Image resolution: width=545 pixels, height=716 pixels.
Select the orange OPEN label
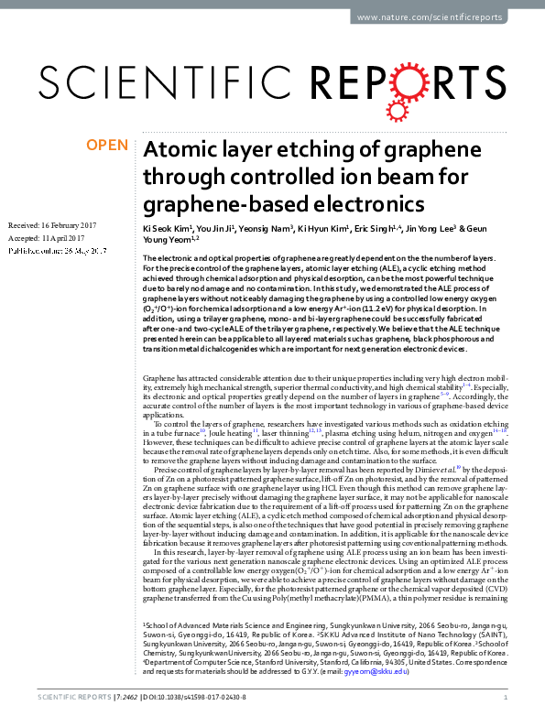pyautogui.click(x=107, y=146)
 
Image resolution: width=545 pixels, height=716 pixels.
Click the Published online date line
pyautogui.click(x=60, y=250)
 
